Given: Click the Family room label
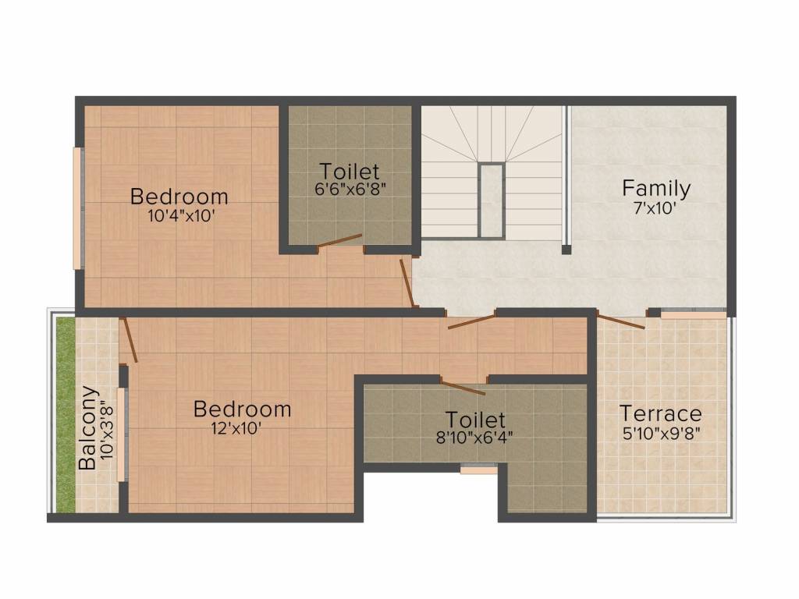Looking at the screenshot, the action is [x=656, y=189].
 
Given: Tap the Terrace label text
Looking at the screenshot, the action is [x=661, y=413].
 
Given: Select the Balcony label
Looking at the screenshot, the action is [x=87, y=428].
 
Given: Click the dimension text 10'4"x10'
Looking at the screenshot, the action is [x=180, y=216].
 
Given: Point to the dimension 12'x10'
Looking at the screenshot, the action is [x=237, y=429].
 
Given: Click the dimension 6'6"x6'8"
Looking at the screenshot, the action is [x=350, y=189].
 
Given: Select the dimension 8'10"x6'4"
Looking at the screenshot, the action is [x=474, y=438].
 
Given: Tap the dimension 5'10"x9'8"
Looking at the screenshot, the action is [x=662, y=434].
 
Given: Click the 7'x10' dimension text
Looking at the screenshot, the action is [x=655, y=208].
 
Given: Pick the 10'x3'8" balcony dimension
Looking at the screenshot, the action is [x=107, y=431].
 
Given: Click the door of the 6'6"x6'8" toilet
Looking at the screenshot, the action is [x=339, y=242].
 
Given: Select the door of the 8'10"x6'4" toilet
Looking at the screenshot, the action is [x=463, y=387].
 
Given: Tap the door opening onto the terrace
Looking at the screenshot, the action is [x=620, y=322].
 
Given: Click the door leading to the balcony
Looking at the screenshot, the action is [x=130, y=340].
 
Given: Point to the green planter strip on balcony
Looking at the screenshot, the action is [x=66, y=415].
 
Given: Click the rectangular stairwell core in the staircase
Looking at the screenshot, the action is [x=492, y=200].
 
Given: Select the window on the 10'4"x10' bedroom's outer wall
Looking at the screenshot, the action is [x=77, y=208].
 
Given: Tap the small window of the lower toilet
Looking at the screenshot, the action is [x=478, y=469].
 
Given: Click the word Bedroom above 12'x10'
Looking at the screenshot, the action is [x=242, y=409].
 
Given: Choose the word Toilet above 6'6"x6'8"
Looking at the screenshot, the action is [x=350, y=171].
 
